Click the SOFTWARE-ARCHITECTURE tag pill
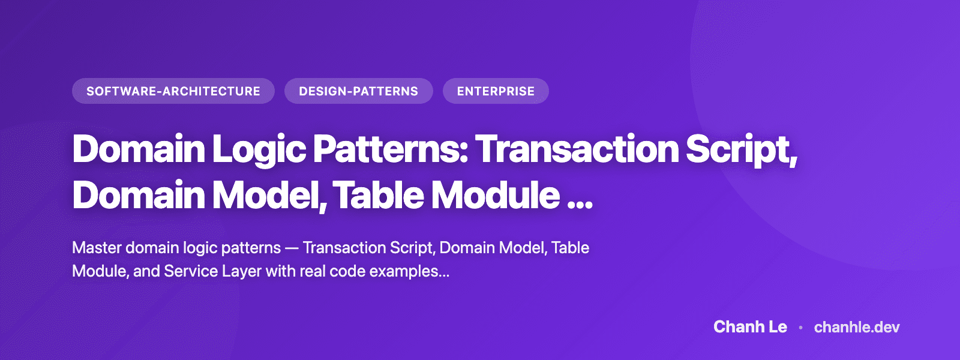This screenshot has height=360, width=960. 173,91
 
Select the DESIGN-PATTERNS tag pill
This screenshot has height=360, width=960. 358,91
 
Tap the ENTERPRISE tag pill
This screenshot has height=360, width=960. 496,91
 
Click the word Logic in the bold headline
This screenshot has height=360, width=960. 259,149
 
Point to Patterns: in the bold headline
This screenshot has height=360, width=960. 391,149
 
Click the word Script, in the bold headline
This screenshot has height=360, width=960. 742,149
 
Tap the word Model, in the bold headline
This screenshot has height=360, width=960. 269,196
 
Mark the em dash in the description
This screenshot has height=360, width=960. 292,248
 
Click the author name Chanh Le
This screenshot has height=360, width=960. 750,327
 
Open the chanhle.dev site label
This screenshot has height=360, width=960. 857,327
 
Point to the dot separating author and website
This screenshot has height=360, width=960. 800,328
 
